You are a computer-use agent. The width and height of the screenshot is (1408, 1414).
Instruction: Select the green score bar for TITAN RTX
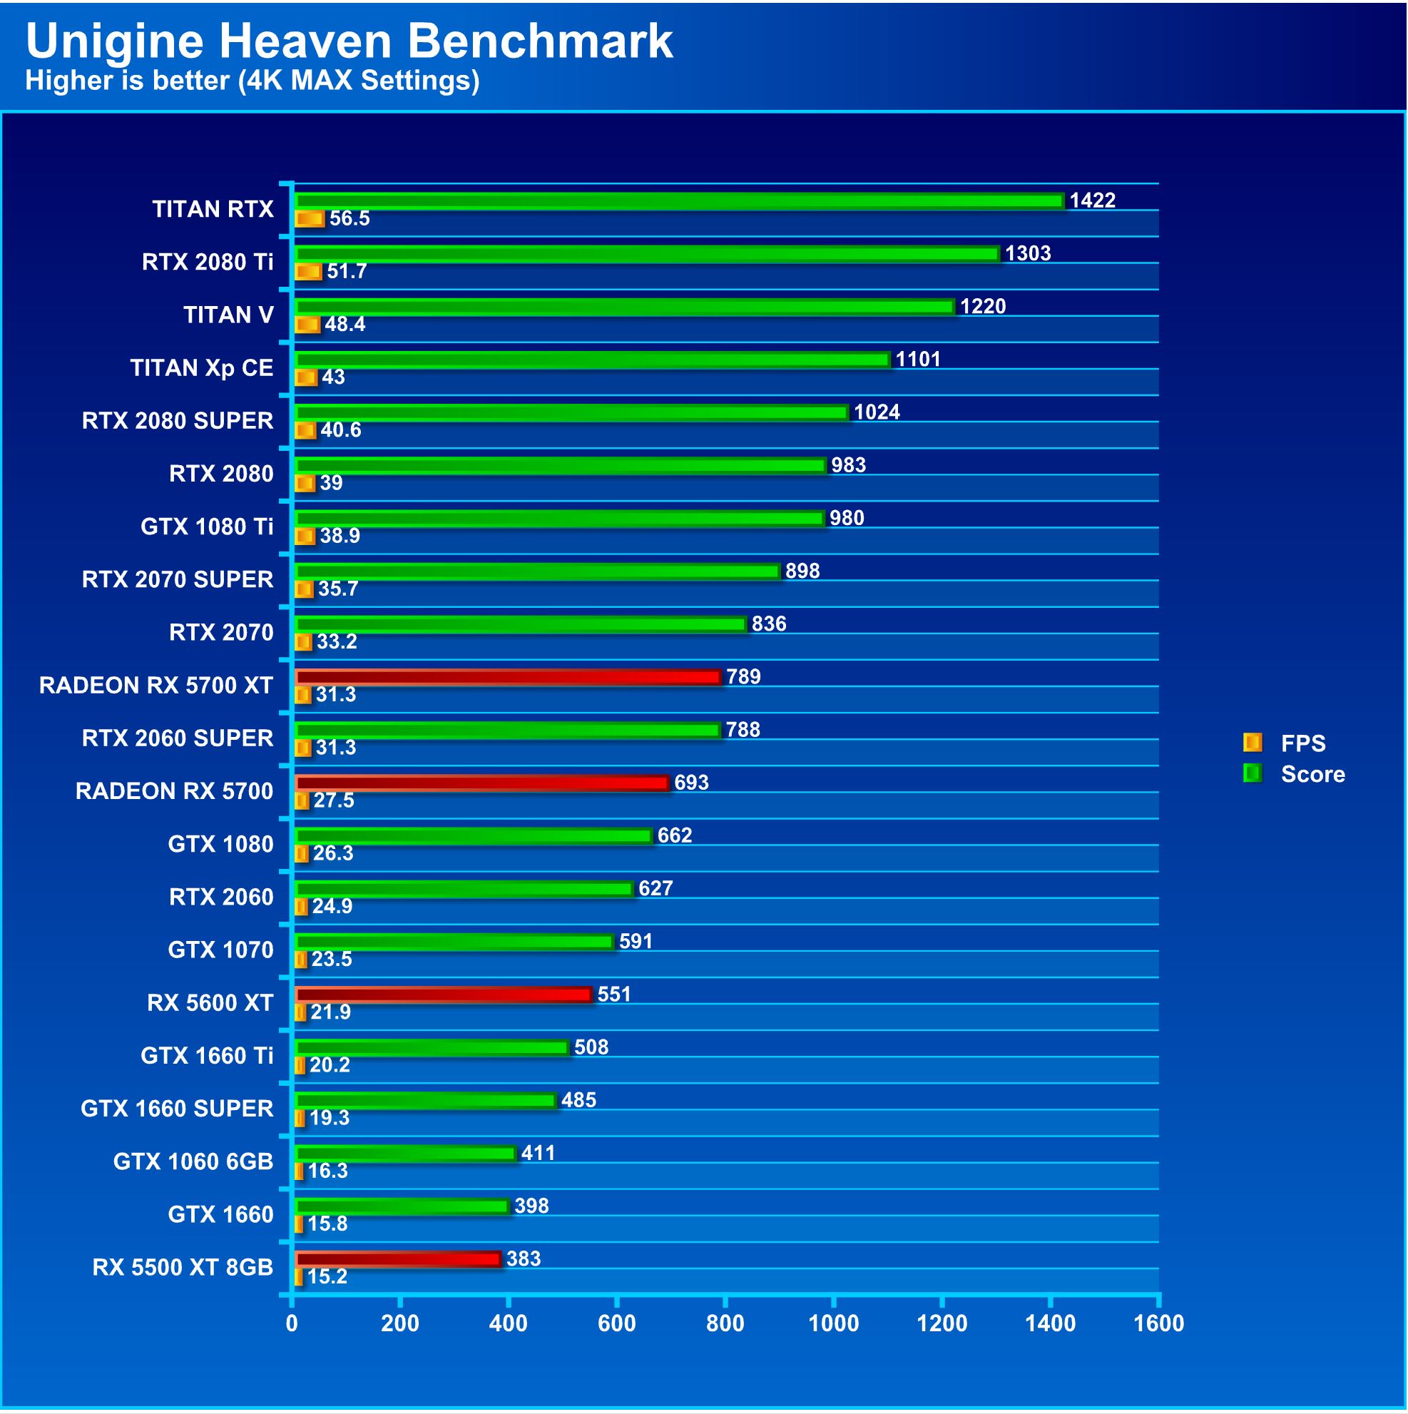[679, 200]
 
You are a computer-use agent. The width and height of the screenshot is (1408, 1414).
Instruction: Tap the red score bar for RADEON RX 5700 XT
[508, 677]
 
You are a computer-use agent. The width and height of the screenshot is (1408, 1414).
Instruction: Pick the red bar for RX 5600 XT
[444, 995]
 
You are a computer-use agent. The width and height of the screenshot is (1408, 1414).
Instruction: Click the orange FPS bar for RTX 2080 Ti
[308, 273]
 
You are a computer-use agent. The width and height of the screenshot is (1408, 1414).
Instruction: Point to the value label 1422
[1092, 200]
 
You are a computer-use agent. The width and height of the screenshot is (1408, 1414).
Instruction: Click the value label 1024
[877, 412]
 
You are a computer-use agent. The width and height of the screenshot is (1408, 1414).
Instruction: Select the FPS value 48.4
[345, 324]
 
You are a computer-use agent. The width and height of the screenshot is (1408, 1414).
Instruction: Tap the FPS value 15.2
[327, 1277]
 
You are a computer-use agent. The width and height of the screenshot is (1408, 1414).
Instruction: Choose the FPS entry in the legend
[1302, 743]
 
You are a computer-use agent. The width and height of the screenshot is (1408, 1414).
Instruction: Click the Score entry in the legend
[1312, 774]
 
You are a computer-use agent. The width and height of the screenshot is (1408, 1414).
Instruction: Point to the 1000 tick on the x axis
[834, 1324]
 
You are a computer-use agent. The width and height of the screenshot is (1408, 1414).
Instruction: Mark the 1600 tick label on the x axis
[1158, 1324]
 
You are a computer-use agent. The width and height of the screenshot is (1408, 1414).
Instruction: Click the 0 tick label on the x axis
[292, 1324]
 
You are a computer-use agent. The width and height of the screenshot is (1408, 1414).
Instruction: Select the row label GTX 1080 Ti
[207, 527]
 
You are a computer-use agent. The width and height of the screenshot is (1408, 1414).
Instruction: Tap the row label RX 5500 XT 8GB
[183, 1268]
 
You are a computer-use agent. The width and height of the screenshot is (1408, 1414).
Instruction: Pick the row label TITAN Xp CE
[202, 368]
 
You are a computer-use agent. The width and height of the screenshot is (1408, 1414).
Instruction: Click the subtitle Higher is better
[252, 81]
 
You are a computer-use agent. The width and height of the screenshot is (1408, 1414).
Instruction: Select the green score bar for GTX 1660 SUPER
[425, 1101]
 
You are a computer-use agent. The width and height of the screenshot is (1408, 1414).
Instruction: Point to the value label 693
[691, 783]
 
